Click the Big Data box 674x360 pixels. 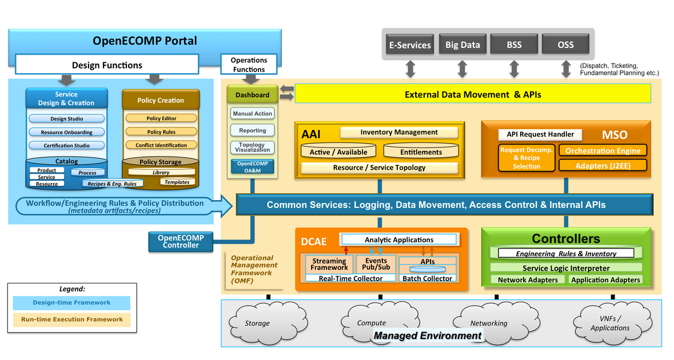pyautogui.click(x=462, y=45)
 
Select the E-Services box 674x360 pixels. pyautogui.click(x=409, y=45)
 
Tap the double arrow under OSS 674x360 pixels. pyautogui.click(x=566, y=69)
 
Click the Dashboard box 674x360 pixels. pyautogui.click(x=253, y=95)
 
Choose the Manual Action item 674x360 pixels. pyautogui.click(x=253, y=114)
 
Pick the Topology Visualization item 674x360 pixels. pyautogui.click(x=253, y=147)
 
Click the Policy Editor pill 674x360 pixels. pyautogui.click(x=161, y=118)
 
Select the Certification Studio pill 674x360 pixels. pyautogui.click(x=66, y=145)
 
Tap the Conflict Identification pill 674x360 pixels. pyautogui.click(x=161, y=145)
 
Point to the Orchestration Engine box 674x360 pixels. pyautogui.click(x=603, y=151)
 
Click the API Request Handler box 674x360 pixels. pyautogui.click(x=540, y=135)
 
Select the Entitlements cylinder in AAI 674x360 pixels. pyautogui.click(x=421, y=151)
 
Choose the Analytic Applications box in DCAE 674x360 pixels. pyautogui.click(x=399, y=239)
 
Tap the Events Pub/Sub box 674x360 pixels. pyautogui.click(x=376, y=264)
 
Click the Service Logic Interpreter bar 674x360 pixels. pyautogui.click(x=566, y=268)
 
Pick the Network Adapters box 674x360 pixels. pyautogui.click(x=528, y=280)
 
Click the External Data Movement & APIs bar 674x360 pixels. pyautogui.click(x=472, y=94)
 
